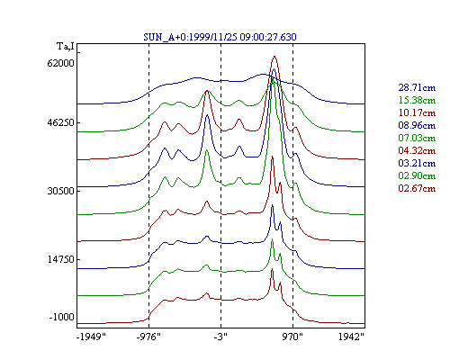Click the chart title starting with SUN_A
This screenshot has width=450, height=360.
(x=220, y=37)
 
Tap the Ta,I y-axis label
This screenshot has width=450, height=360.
(x=66, y=47)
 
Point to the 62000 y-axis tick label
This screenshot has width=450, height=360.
(x=60, y=64)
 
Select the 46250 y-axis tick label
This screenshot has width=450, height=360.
(x=60, y=123)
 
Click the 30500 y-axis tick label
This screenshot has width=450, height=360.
(x=60, y=191)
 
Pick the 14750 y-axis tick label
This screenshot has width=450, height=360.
(x=60, y=259)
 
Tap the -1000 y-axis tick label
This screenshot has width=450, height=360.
(x=61, y=317)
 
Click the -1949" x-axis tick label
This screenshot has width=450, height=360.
(x=91, y=337)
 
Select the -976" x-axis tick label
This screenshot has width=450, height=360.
(x=148, y=337)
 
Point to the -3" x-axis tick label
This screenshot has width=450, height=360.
(x=220, y=337)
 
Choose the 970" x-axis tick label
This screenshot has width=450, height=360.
(x=292, y=337)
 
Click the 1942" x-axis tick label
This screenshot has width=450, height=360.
(x=351, y=337)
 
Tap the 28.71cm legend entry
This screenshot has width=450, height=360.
(x=417, y=87)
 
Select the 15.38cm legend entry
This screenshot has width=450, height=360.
(x=417, y=100)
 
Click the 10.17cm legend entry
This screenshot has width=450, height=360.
(x=417, y=112)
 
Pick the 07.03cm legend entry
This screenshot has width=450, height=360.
(x=417, y=138)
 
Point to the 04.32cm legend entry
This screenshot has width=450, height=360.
(x=417, y=150)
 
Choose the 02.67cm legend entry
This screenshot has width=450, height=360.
(x=417, y=188)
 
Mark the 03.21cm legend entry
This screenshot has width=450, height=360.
(x=417, y=163)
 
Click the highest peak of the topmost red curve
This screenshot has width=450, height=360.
(x=274, y=57)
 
